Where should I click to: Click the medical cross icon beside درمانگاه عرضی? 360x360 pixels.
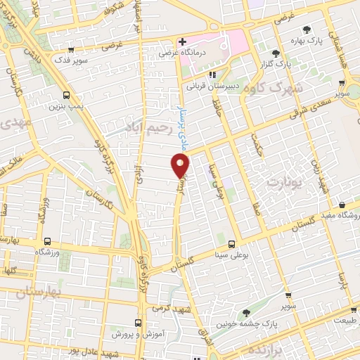coord(182,41)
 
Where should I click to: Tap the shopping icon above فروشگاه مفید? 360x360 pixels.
coord(341,205)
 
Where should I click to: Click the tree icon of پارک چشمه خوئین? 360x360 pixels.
coord(245,313)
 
